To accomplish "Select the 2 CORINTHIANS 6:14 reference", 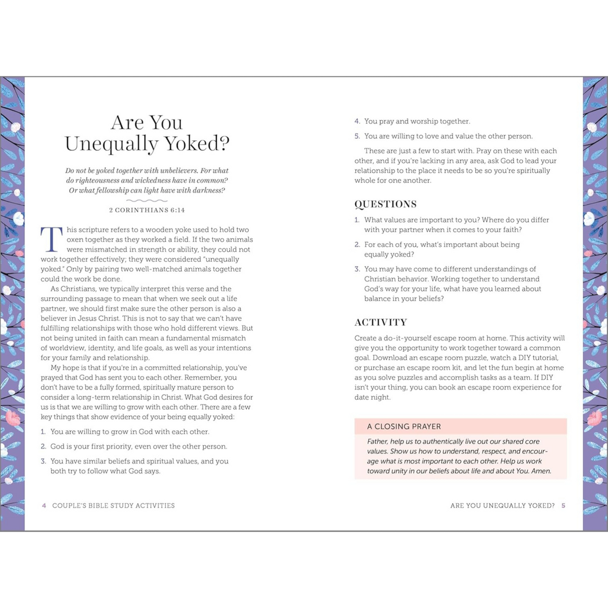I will tap(147, 210).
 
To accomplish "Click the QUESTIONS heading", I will tap(385, 204).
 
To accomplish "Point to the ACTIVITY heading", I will tap(381, 323).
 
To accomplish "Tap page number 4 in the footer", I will tap(44, 506).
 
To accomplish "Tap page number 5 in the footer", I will tap(563, 506).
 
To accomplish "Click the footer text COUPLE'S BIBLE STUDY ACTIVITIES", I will tap(113, 506).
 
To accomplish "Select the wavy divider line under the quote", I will tap(147, 200).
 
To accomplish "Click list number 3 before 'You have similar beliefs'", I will tap(43, 461).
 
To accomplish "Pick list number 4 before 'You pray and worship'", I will tap(357, 121).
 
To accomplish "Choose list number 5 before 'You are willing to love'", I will tap(357, 136).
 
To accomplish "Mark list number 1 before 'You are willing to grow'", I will tap(43, 432).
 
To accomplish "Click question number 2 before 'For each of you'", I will tap(357, 245).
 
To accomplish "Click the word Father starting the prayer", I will tap(378, 442).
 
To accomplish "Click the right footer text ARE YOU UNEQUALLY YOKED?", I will tap(502, 506).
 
